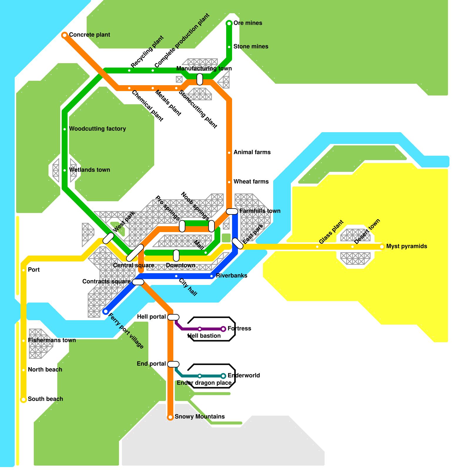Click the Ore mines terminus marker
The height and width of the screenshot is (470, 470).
229,23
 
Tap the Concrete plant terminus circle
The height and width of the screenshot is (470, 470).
65,35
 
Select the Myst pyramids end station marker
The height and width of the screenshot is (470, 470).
382,247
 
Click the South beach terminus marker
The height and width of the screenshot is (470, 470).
23,399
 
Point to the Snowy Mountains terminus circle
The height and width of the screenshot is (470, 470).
170,417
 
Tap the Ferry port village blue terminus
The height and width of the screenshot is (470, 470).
106,311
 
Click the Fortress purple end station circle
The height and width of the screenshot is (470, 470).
223,329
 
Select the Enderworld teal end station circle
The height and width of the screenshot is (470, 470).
223,376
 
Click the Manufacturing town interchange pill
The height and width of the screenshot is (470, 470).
200,79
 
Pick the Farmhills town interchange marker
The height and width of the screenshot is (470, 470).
232,211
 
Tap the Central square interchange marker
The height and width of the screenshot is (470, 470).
135,253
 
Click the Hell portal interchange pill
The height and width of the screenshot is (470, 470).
173,317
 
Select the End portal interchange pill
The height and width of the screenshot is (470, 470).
173,364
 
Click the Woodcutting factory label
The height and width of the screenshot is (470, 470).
97,129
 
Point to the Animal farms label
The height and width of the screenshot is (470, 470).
252,152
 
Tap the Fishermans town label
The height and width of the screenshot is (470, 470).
52,340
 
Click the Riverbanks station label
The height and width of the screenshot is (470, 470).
231,276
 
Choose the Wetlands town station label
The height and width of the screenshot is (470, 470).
89,170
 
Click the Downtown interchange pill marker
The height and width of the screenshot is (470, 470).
176,255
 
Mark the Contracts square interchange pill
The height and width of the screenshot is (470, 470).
138,282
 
